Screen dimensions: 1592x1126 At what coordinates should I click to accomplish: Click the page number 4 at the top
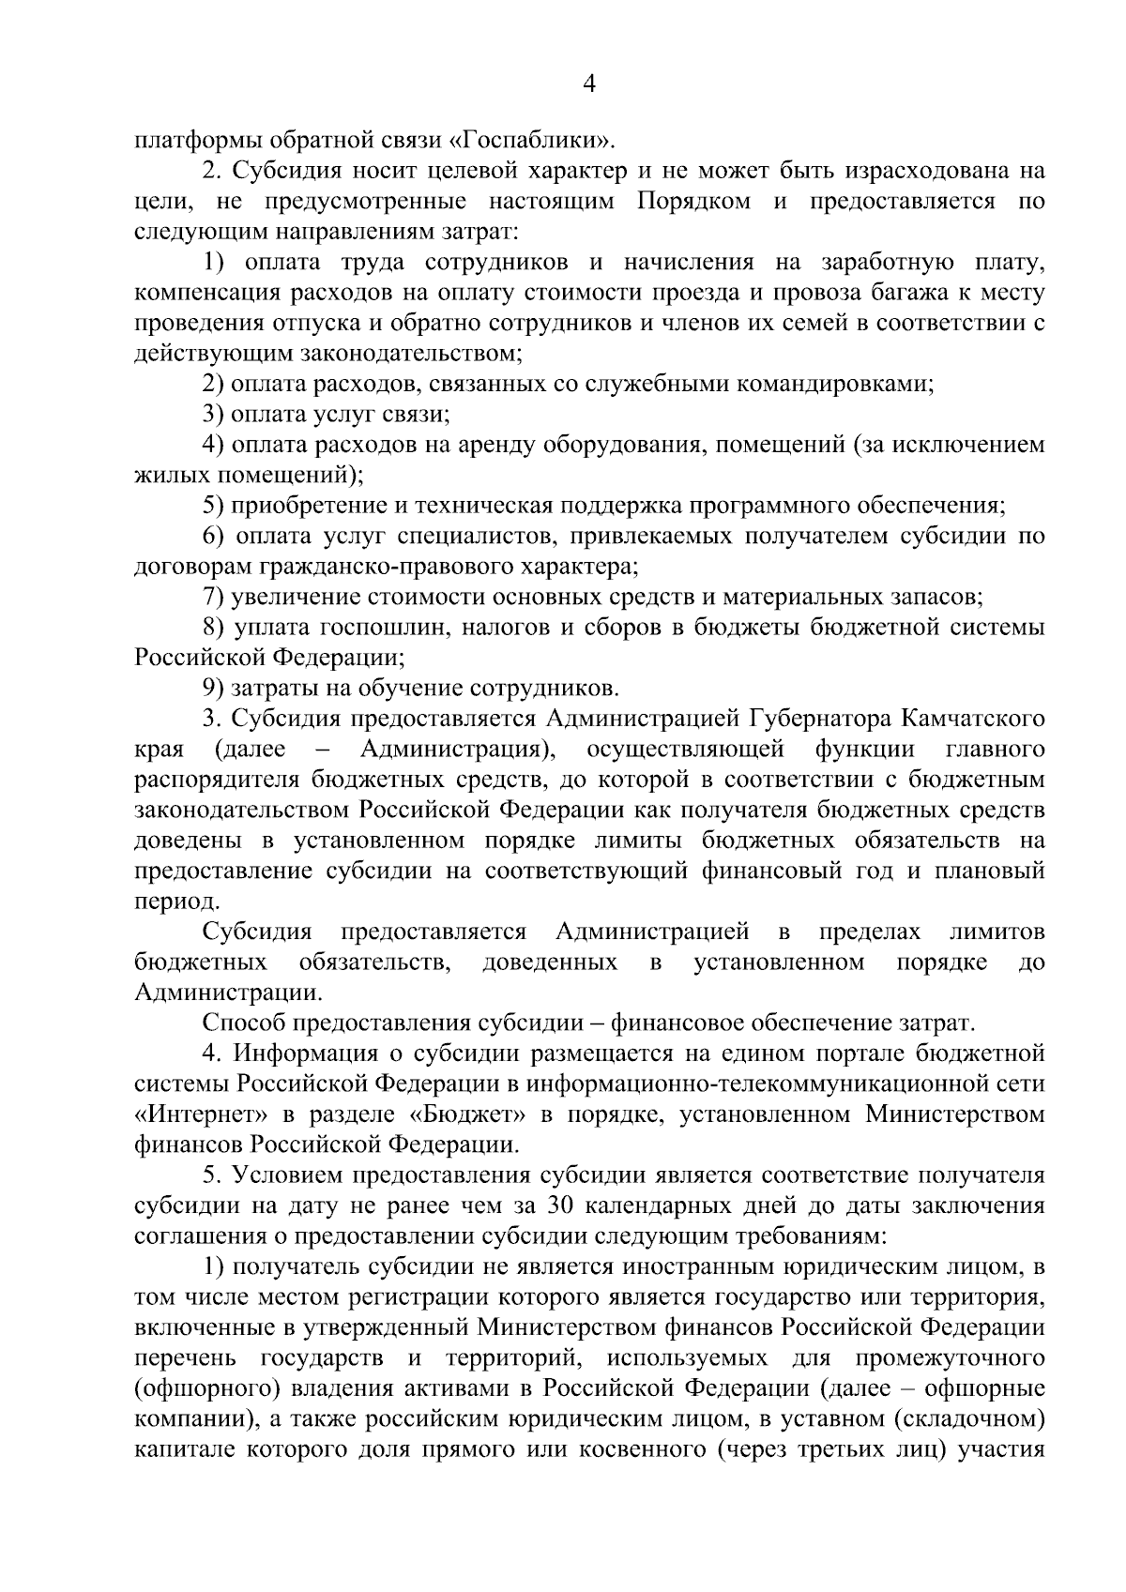589,85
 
